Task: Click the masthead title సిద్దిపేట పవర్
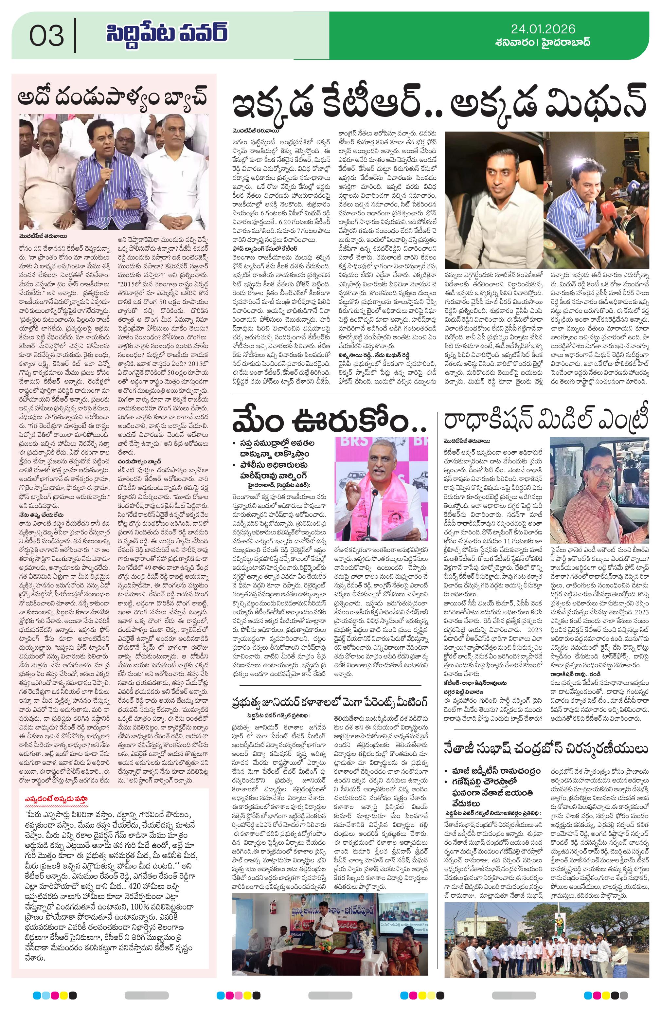pos(167,34)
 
